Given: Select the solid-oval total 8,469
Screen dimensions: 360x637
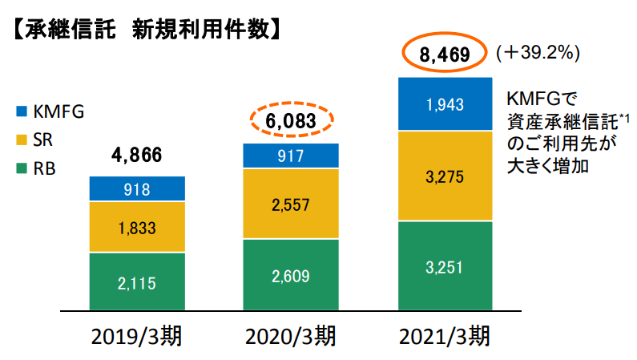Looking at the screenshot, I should (x=443, y=55).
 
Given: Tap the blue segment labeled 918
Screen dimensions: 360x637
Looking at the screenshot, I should (x=137, y=189).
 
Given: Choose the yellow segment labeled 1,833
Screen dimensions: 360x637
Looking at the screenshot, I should (x=137, y=227).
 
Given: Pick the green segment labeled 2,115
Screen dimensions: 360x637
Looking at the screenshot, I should (x=137, y=281).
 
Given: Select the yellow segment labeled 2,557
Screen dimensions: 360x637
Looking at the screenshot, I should (x=290, y=204).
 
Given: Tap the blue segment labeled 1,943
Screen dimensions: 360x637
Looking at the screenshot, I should (x=443, y=104).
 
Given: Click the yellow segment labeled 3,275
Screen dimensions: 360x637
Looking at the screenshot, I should (x=443, y=176).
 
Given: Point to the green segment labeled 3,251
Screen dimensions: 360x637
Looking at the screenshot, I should (x=443, y=265).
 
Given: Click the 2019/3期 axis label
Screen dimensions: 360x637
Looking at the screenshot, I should (x=137, y=335).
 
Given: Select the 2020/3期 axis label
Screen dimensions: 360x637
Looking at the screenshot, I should (x=290, y=335).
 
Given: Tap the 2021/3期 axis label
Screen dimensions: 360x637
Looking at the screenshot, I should (x=443, y=335).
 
